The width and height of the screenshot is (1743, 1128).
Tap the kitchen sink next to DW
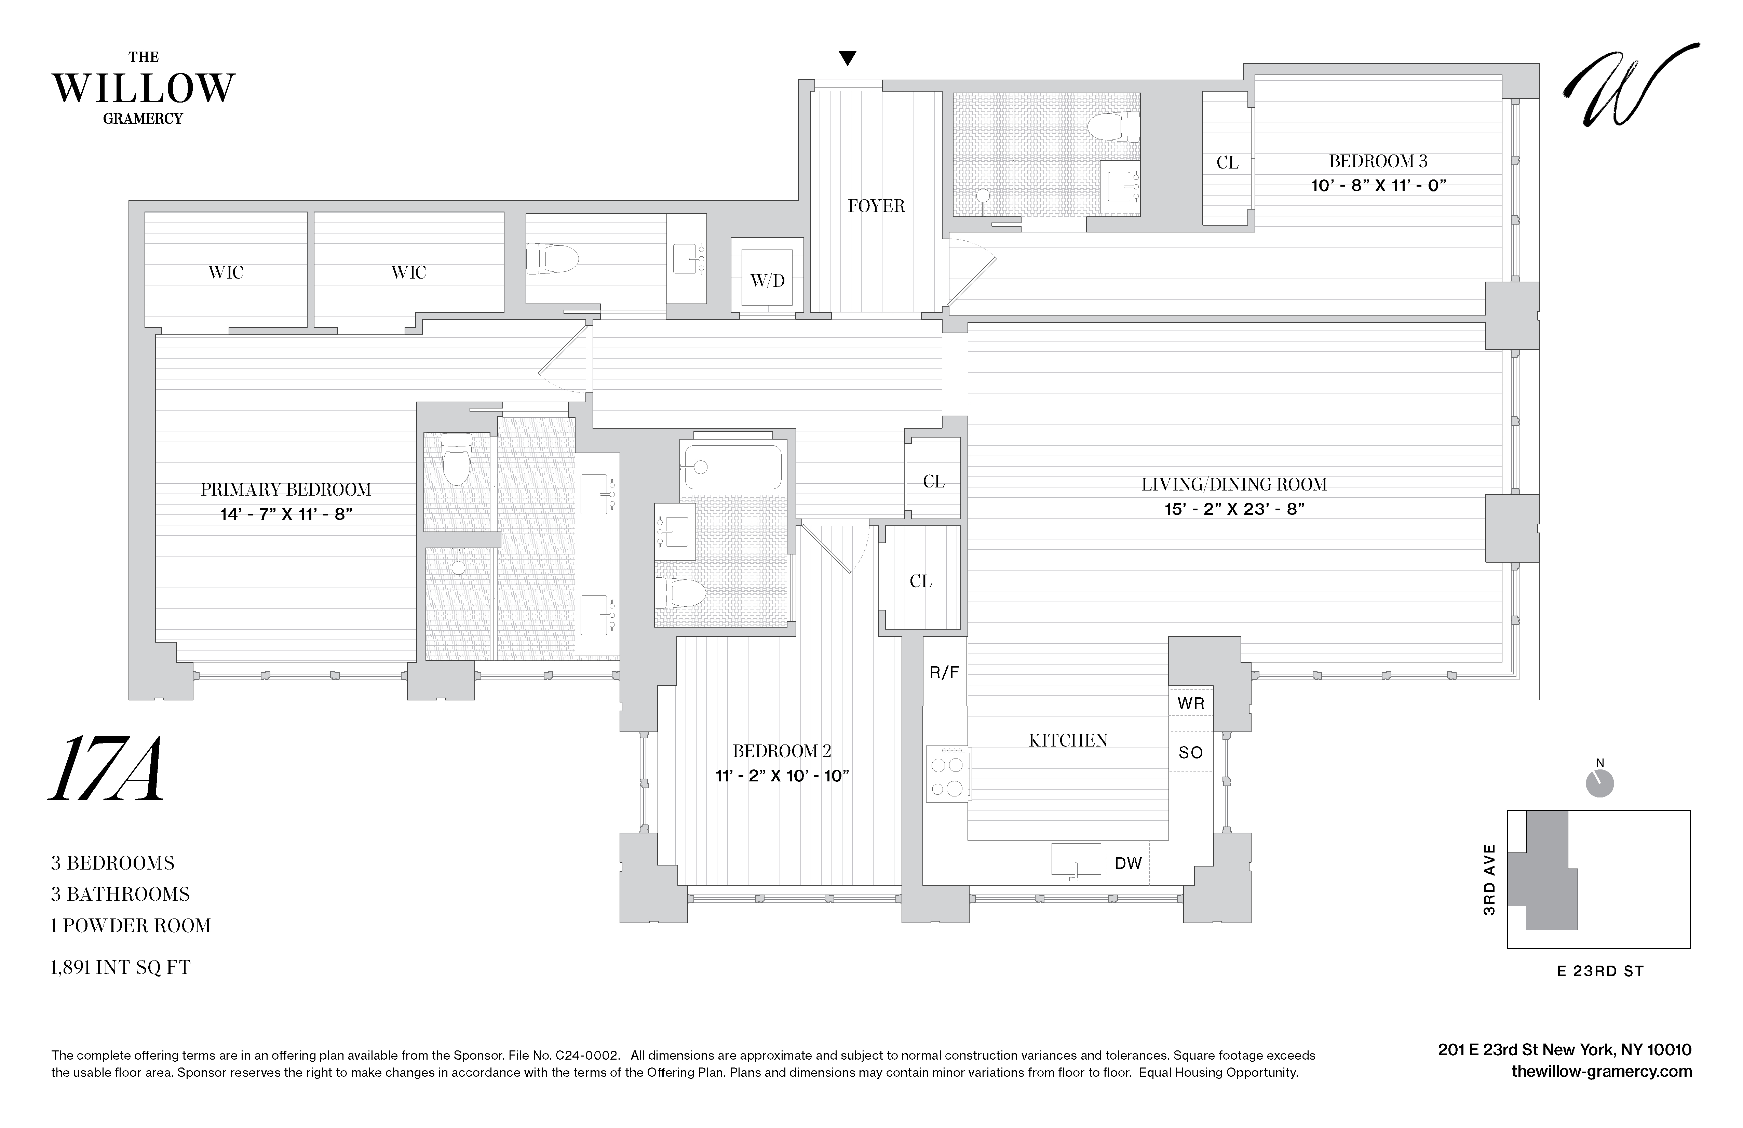click(x=1076, y=859)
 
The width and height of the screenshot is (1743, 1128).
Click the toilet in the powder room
click(x=553, y=258)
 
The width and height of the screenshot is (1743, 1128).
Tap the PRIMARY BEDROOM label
click(x=286, y=489)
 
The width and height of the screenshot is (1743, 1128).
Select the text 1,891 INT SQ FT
click(x=120, y=968)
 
